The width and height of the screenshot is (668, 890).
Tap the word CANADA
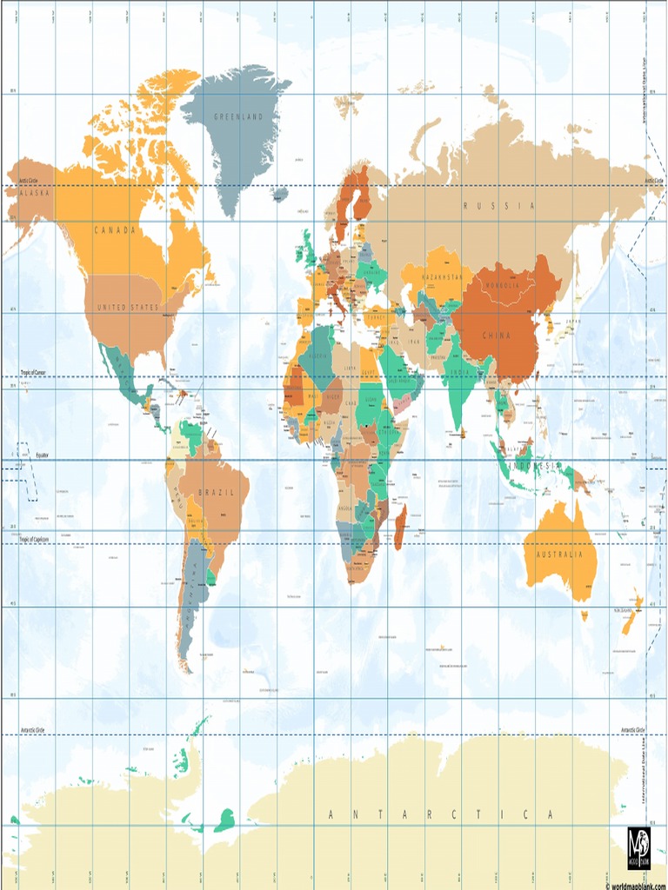pyautogui.click(x=116, y=230)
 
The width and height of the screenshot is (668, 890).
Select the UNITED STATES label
pyautogui.click(x=128, y=308)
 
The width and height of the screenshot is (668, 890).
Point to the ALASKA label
pyautogui.click(x=35, y=192)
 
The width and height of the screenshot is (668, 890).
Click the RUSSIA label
pyautogui.click(x=499, y=206)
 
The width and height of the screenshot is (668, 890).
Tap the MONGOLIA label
pyautogui.click(x=502, y=286)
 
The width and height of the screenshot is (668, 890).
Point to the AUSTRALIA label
pyautogui.click(x=559, y=555)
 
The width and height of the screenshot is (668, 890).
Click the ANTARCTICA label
pyautogui.click(x=440, y=814)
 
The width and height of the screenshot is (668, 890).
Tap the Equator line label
pyautogui.click(x=42, y=455)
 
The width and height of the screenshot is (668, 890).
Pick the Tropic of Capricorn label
pyautogui.click(x=35, y=540)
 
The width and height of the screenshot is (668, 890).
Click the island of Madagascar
pyautogui.click(x=400, y=528)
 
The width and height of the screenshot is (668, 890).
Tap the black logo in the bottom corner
pyautogui.click(x=639, y=847)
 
